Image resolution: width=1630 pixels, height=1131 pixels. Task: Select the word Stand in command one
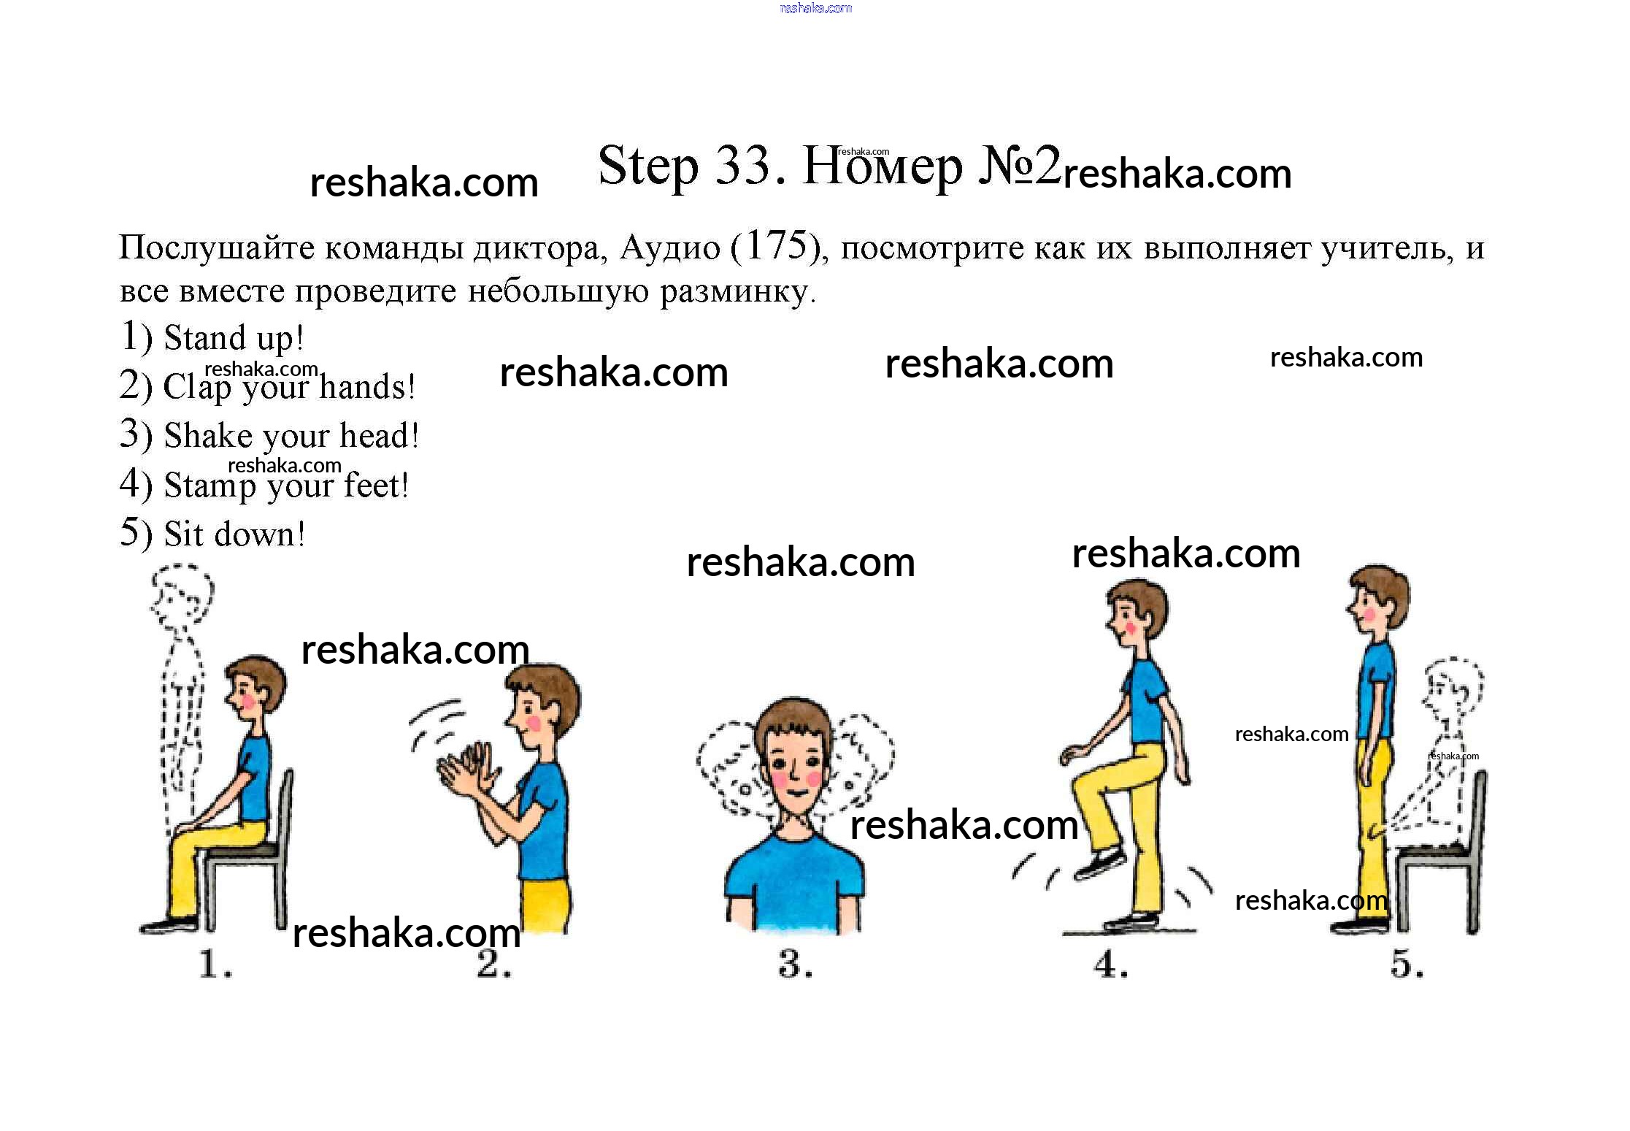[x=205, y=338]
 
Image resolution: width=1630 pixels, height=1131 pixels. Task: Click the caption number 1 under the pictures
[x=214, y=965]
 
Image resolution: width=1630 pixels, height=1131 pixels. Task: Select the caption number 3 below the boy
[x=795, y=965]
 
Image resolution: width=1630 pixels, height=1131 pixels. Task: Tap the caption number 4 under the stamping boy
[x=1110, y=965]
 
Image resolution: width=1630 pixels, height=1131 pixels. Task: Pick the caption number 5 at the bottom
[x=1407, y=965]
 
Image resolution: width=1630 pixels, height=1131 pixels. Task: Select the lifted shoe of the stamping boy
[x=1098, y=864]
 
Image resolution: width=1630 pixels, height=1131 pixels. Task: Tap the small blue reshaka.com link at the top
[x=815, y=8]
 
